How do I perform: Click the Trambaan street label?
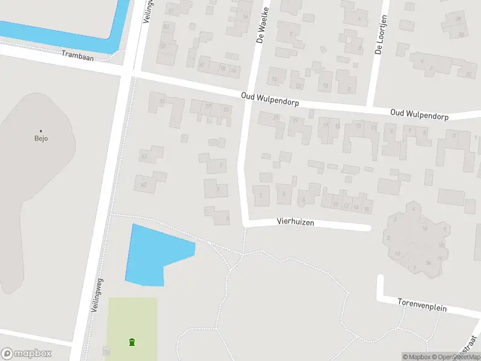[x=78, y=54]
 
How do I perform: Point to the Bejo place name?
[x=41, y=138]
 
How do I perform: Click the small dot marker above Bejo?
[x=41, y=131]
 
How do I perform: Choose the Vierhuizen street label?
[x=295, y=222]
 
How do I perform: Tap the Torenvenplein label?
[x=422, y=304]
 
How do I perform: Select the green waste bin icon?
[x=132, y=342]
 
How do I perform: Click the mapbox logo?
[x=26, y=353]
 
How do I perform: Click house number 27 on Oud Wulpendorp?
[x=208, y=106]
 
